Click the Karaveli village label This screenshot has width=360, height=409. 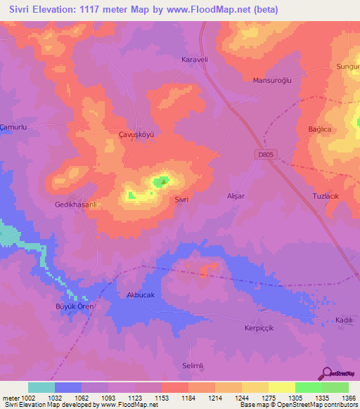195,59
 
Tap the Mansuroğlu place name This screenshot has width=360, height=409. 272,80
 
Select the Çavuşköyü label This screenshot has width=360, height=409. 135,133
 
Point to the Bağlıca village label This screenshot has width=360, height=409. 319,130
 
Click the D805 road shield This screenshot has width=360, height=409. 264,154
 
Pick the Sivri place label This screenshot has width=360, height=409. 181,200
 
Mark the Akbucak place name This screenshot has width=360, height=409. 140,295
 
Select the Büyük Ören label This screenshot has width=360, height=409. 75,306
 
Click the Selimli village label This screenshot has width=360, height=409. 193,366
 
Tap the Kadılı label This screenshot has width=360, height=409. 344,320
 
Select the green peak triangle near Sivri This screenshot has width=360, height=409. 165,183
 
